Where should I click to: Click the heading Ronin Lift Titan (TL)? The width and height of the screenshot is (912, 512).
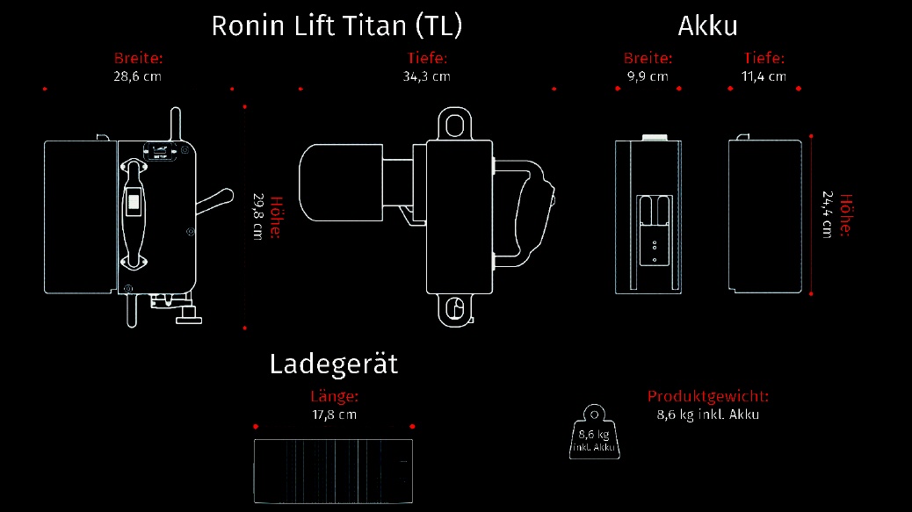point(337,26)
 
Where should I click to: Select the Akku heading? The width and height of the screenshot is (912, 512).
point(707,26)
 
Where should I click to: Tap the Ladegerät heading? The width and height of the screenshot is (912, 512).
point(334,364)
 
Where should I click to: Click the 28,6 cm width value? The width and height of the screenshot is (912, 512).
point(137,76)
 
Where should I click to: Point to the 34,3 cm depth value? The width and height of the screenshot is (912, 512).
point(426,76)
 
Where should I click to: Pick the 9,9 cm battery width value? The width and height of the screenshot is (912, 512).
point(648,76)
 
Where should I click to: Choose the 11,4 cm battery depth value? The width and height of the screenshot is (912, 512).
point(764,76)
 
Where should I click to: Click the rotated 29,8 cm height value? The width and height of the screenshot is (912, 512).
point(258,217)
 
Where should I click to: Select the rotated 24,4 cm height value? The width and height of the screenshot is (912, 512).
point(827,214)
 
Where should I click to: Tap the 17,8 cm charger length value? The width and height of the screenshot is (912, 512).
point(335,415)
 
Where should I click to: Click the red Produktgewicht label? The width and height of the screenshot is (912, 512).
point(708,396)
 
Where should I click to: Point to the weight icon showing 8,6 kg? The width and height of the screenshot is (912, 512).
point(595,432)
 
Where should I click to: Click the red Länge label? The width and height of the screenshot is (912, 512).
point(335,396)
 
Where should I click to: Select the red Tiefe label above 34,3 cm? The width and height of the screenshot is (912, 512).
point(427,58)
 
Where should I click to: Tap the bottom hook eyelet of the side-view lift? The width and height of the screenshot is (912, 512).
point(455,311)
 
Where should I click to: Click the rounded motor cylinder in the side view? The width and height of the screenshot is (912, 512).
point(341,183)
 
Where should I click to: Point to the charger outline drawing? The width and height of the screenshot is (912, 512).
point(333,472)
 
